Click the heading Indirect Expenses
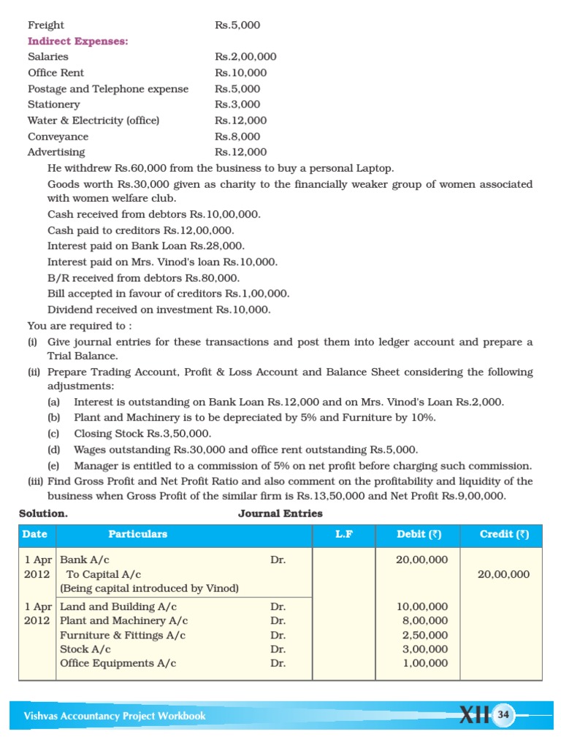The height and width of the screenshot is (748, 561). (x=78, y=41)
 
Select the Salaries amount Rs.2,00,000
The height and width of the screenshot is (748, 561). (x=245, y=57)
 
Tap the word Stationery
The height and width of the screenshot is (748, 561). (x=54, y=104)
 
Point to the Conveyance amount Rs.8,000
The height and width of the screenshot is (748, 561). (x=237, y=137)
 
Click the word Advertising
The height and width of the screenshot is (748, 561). (x=56, y=152)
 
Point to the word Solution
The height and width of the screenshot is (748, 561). (x=43, y=514)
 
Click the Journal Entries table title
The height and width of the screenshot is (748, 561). (x=280, y=514)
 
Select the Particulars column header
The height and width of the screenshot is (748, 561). (x=138, y=534)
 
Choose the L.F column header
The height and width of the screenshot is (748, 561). (x=344, y=534)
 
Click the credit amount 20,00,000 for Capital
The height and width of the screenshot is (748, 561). (x=503, y=575)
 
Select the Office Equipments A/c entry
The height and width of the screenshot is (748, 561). (x=118, y=663)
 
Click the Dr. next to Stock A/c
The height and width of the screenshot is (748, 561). (x=278, y=649)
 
